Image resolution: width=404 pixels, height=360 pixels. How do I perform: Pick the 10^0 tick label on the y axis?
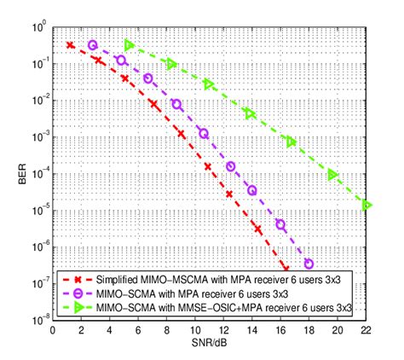coord(37,27)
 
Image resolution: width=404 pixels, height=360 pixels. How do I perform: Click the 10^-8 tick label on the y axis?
coord(37,321)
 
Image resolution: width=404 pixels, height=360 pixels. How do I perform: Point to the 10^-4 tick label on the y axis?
coord(37,174)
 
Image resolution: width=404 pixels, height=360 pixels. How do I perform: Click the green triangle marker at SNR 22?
coord(366,205)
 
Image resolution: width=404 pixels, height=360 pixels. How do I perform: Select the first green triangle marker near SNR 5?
coord(130,45)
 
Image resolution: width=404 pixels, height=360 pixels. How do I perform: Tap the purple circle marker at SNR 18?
coord(309,264)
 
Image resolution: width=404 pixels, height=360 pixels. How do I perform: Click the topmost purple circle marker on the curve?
coord(93,45)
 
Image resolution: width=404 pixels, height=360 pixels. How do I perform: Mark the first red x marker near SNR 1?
coord(70,45)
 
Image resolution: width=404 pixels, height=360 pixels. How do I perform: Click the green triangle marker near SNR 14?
coord(250,113)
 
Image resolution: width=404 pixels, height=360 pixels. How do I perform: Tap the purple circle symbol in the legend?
coord(79,293)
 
